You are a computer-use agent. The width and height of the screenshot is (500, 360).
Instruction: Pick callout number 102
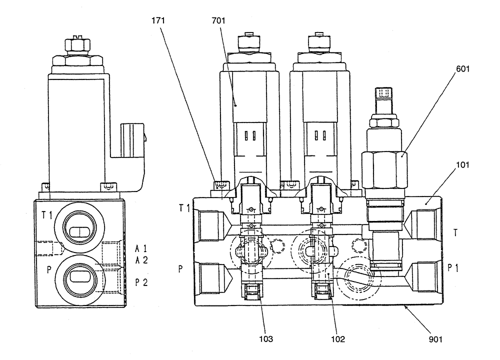point(338,337)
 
